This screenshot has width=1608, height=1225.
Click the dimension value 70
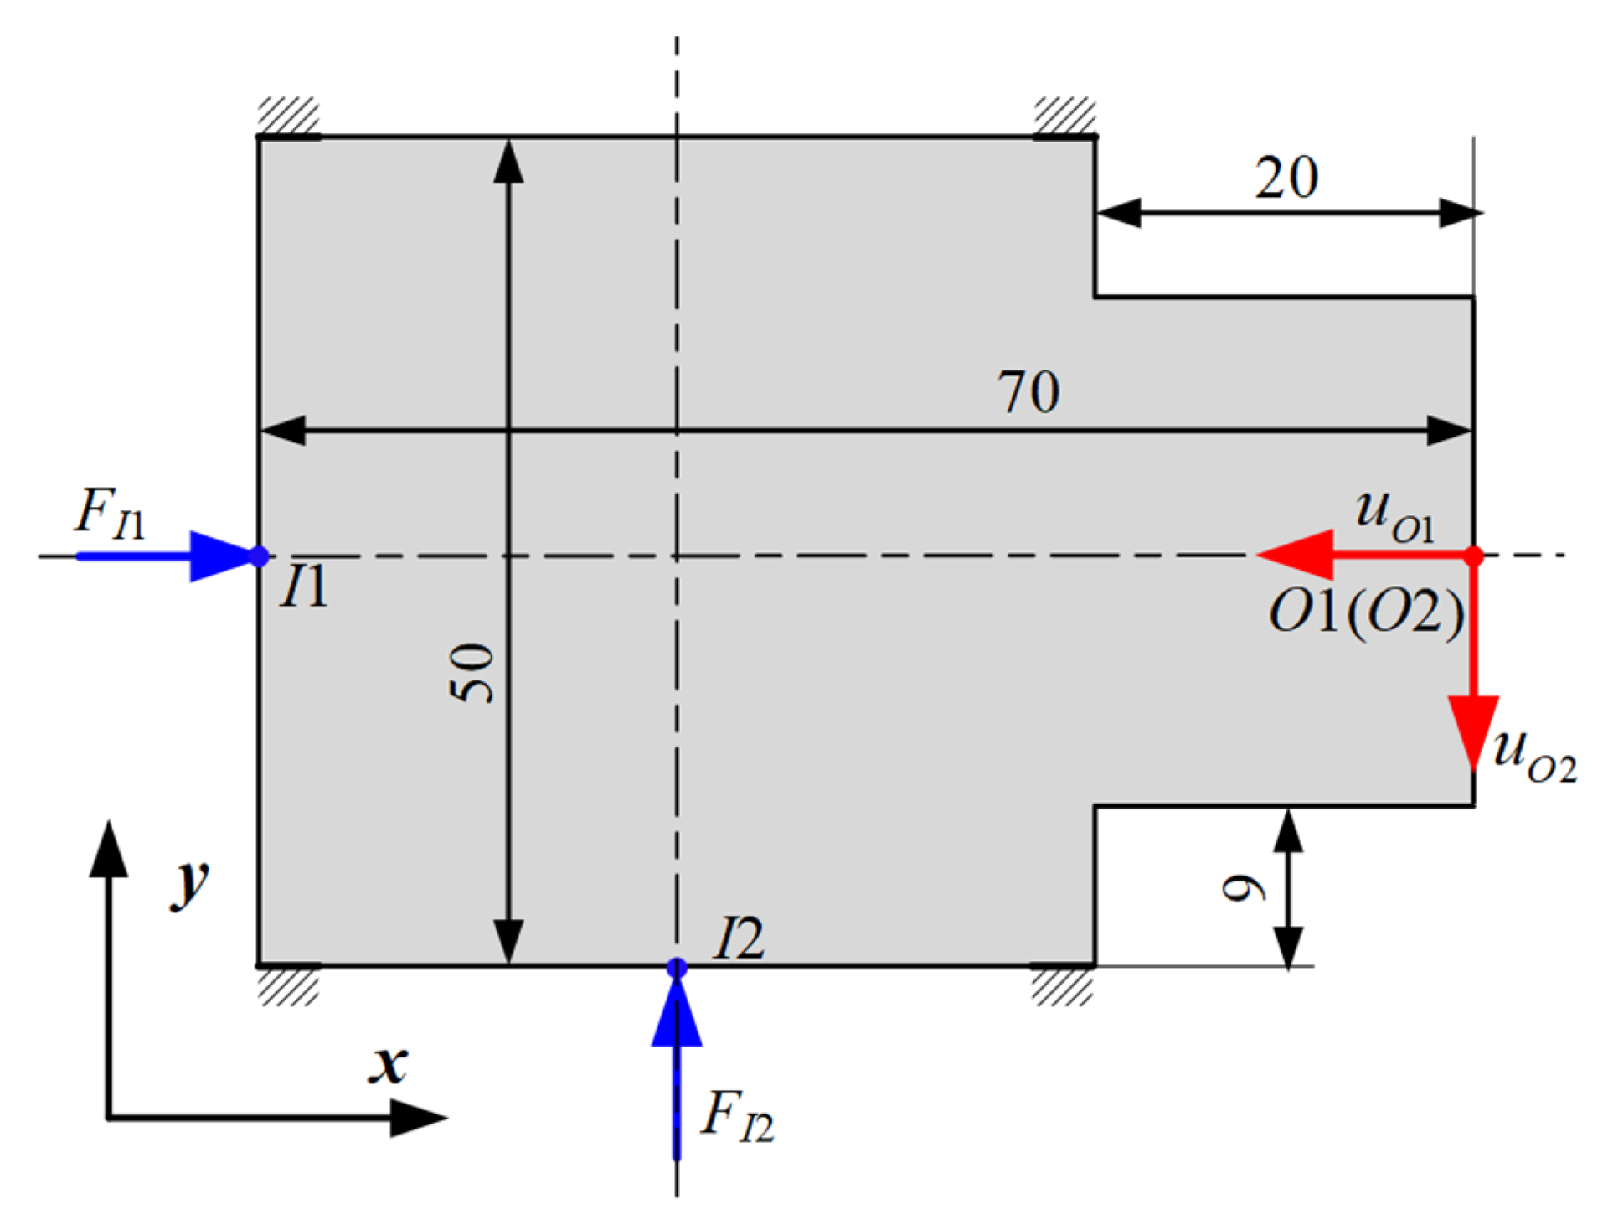(x=1028, y=391)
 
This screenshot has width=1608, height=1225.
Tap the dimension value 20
(x=1286, y=178)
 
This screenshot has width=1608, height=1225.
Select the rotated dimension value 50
(x=472, y=672)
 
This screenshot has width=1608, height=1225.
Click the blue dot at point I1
(x=259, y=556)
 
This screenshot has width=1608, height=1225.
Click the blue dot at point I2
(x=677, y=968)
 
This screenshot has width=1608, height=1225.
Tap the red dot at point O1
(x=1474, y=556)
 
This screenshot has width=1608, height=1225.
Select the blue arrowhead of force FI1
(x=219, y=556)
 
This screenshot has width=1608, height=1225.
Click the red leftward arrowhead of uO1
(x=1298, y=555)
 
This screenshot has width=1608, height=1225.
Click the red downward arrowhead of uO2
(x=1474, y=729)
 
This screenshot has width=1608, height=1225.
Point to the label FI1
(x=110, y=514)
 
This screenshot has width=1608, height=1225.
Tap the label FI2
(x=737, y=1116)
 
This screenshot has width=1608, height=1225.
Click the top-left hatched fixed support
(x=288, y=116)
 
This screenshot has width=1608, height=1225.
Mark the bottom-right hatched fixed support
(x=1062, y=986)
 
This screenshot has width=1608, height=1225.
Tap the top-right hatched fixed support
(x=1064, y=116)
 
